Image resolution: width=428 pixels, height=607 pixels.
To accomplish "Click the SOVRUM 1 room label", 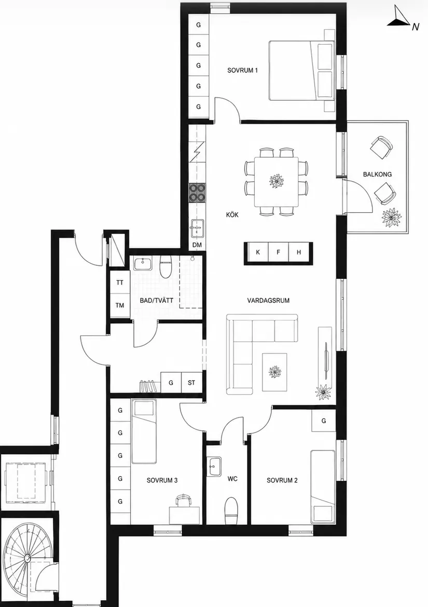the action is click(x=242, y=71).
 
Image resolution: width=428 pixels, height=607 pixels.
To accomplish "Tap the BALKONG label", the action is click(x=377, y=174).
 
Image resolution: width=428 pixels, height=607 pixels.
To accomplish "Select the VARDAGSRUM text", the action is click(x=268, y=301).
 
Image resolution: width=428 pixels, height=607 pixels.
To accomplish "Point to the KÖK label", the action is click(x=232, y=214).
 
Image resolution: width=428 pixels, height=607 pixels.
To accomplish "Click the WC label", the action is click(x=232, y=479).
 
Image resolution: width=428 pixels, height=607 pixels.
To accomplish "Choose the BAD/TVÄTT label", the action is click(x=157, y=301).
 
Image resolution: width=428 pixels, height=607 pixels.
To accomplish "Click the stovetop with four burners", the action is click(x=197, y=193).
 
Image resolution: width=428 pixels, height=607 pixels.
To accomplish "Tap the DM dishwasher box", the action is click(x=197, y=245).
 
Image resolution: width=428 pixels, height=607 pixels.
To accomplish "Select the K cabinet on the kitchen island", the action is click(x=258, y=252).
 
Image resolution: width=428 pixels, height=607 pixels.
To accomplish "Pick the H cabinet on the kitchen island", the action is click(x=299, y=252).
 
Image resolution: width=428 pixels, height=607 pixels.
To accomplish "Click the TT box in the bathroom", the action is click(x=120, y=282).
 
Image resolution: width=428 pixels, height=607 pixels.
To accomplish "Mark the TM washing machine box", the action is click(x=120, y=305).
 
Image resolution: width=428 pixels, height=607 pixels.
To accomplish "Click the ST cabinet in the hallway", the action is click(x=191, y=383).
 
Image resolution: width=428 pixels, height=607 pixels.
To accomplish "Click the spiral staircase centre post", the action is click(x=28, y=558).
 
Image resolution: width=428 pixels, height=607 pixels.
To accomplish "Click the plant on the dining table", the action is click(x=277, y=181).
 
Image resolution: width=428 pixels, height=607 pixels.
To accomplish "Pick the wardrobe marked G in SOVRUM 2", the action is click(x=324, y=421).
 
